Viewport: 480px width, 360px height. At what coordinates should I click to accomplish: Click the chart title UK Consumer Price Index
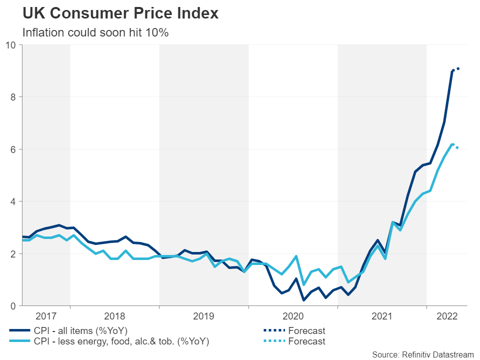tap(120, 13)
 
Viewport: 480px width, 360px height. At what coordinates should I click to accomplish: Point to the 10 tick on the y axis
tap(11, 45)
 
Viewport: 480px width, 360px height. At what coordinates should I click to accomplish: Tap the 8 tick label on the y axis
tap(13, 97)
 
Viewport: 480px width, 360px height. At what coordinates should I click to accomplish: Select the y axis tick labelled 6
tap(13, 149)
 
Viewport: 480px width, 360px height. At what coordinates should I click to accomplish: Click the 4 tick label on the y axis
tap(13, 201)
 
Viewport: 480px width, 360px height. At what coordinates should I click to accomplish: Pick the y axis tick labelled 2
tap(13, 254)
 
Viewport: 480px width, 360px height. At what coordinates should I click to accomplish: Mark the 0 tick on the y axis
tap(13, 306)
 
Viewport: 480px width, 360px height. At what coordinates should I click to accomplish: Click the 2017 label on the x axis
tap(46, 316)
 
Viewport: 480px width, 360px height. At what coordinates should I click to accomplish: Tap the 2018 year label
tap(114, 316)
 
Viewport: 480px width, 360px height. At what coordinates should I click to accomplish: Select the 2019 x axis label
tap(203, 316)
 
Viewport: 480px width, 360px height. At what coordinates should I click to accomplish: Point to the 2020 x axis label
tap(293, 316)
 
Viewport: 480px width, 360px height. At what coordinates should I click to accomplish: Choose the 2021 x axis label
tap(382, 316)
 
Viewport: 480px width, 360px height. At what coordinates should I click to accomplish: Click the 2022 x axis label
tap(447, 316)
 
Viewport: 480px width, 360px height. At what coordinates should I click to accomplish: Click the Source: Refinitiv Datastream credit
tap(422, 354)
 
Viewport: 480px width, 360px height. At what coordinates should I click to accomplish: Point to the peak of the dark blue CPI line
tap(452, 70)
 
